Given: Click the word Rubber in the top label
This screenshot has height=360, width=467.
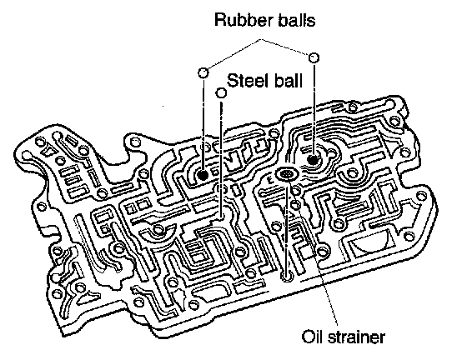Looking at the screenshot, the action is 244,20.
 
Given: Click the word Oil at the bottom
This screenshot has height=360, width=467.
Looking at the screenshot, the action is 312,337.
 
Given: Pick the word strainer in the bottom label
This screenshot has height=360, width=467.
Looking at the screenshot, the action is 356,337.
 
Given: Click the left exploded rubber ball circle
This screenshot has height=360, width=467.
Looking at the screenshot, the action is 203,72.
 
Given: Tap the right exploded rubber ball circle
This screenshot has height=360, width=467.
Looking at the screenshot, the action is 314,57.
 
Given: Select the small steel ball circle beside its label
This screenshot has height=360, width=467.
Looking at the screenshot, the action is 221,92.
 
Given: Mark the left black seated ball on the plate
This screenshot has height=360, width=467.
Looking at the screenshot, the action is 203,175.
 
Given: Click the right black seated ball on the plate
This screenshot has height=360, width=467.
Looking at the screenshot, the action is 313,160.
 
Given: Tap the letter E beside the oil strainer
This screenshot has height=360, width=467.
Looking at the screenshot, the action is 270,180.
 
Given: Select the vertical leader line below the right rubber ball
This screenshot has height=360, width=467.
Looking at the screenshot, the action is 314,109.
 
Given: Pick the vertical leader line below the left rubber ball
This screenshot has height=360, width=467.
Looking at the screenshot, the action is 203,124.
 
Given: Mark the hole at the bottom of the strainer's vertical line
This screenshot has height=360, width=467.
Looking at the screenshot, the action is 287,275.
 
